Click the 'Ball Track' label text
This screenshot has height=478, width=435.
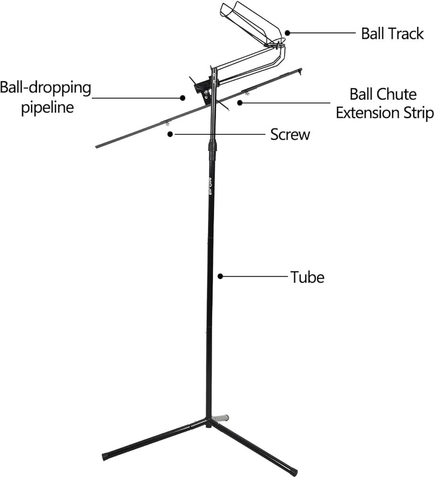[392, 33]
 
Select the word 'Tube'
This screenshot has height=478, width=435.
[307, 276]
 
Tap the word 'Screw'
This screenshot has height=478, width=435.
[290, 134]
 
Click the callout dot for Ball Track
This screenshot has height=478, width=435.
[288, 33]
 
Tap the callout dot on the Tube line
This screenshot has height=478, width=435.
[220, 276]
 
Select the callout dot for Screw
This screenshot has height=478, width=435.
[170, 134]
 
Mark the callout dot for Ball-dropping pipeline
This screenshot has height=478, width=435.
[183, 98]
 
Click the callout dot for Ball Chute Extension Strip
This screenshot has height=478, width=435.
[239, 102]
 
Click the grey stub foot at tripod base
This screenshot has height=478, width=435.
[221, 418]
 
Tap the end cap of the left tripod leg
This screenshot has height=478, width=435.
[106, 456]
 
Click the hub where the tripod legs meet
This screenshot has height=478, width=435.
[208, 421]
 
